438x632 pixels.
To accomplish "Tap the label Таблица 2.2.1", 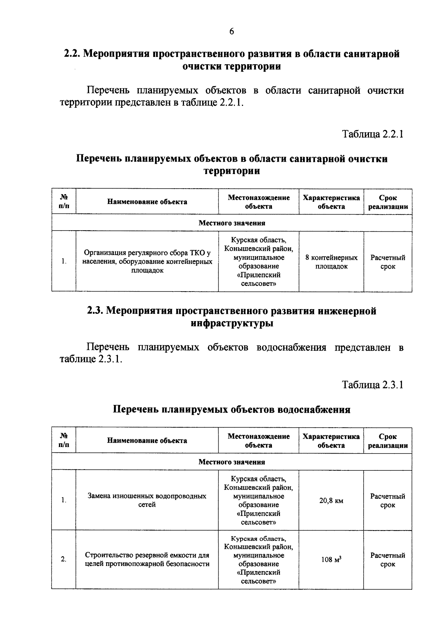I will (x=372, y=134).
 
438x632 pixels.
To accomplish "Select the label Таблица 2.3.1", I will (x=372, y=385).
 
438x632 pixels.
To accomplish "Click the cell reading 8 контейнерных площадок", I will (x=331, y=262).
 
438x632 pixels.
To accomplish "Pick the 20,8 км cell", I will (x=331, y=501).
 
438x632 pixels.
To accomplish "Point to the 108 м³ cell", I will (x=331, y=559).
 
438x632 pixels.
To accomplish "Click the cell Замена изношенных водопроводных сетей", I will (x=147, y=500).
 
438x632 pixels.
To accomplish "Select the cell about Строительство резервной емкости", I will (x=147, y=559).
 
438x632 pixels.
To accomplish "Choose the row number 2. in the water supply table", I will (x=64, y=559).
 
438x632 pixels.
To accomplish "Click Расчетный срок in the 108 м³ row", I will (x=388, y=560).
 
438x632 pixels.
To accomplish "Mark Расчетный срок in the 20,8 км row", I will (x=388, y=501).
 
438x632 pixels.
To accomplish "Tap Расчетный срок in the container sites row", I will (x=388, y=262).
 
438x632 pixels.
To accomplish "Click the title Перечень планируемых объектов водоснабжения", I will (x=231, y=409).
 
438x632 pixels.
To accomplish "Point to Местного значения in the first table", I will (x=232, y=223).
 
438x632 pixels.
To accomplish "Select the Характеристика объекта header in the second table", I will (x=331, y=440).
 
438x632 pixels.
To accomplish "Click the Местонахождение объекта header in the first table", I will (x=259, y=202).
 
